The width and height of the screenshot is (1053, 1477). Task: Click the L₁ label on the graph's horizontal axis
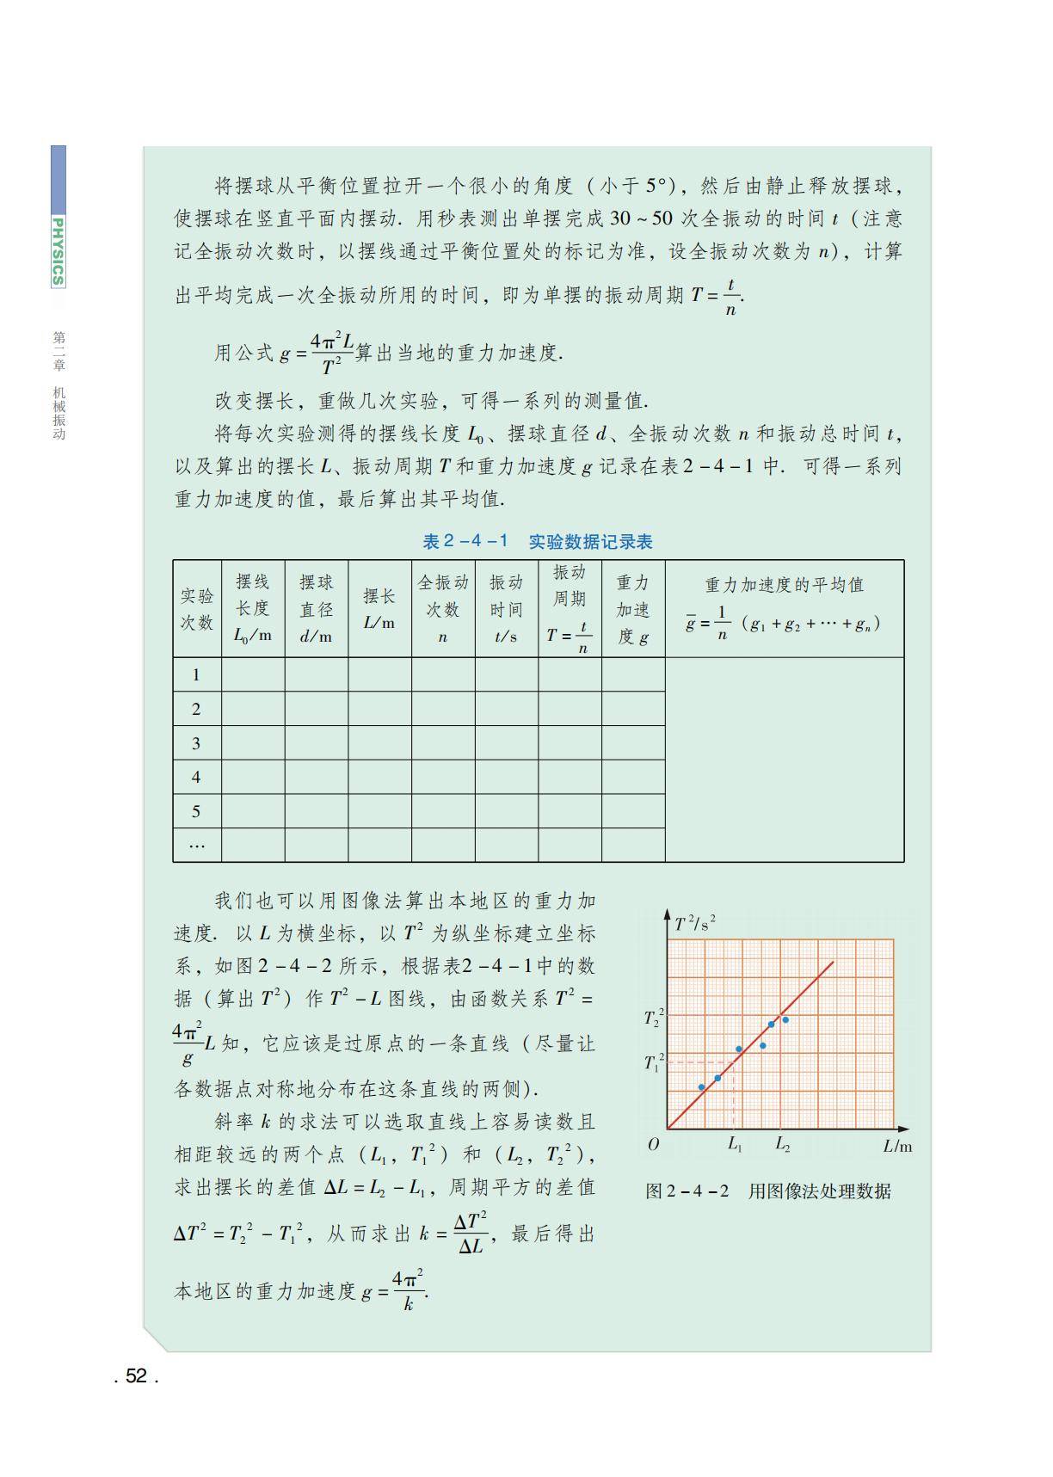coord(735,1145)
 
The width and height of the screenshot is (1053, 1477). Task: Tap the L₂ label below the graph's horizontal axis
coord(782,1145)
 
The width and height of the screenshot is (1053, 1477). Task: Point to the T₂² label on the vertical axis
coord(654,1018)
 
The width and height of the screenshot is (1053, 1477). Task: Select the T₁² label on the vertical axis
coord(654,1062)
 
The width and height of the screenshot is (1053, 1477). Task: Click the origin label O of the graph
coord(654,1144)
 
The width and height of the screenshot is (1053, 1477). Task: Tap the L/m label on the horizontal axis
coord(897,1146)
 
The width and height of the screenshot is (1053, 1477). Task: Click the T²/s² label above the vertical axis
coord(695,924)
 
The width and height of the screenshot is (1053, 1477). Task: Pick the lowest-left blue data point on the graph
coord(701,1087)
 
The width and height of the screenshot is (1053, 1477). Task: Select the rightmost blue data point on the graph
coord(785,1020)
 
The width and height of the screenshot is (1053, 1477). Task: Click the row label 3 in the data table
coord(196,743)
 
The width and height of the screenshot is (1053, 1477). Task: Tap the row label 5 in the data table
coord(196,811)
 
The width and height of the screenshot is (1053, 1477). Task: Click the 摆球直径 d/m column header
coord(316,609)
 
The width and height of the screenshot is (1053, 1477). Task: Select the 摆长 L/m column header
coord(379,609)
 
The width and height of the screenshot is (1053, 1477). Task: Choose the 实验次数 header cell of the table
coord(197,609)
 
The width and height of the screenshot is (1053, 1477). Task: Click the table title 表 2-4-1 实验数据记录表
coord(538,542)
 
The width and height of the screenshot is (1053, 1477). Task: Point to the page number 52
coord(136,1376)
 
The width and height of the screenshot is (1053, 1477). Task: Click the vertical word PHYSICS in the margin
coord(58,251)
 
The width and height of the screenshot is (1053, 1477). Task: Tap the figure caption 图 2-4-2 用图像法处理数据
coord(768,1191)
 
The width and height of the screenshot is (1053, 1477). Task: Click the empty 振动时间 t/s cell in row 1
coord(507,675)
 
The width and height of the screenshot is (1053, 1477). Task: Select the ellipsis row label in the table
coord(196,846)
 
